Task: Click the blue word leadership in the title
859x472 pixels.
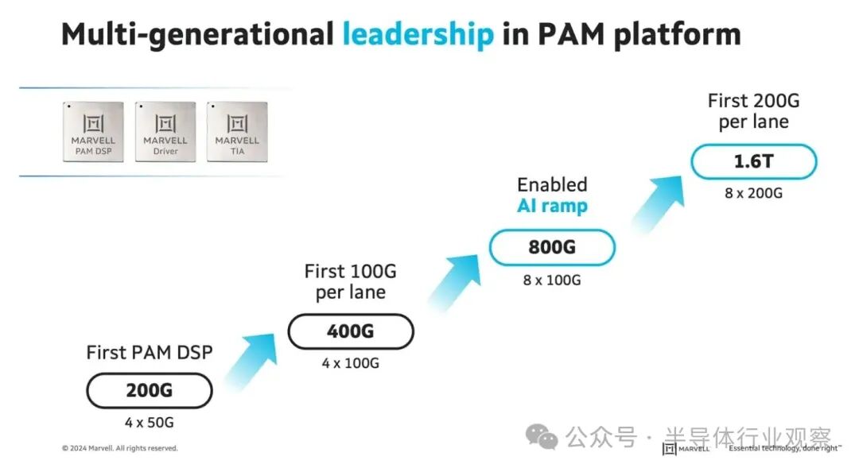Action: click(418, 34)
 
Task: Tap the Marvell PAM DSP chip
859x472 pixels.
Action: click(93, 131)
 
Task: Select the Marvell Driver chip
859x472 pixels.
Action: click(165, 131)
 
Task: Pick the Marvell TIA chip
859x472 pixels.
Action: click(237, 131)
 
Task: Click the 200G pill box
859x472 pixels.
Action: click(149, 390)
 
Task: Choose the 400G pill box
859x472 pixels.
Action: click(351, 331)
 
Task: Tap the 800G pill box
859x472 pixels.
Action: click(552, 247)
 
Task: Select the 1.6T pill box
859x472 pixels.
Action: click(754, 161)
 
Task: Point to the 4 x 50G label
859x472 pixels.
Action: click(149, 423)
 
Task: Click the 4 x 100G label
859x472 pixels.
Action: click(351, 363)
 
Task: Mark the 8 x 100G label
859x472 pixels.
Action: click(552, 280)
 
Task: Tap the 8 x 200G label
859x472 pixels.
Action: click(754, 193)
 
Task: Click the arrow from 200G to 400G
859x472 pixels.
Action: click(251, 362)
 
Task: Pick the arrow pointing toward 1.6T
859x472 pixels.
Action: click(658, 203)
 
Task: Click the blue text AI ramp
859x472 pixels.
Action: click(552, 206)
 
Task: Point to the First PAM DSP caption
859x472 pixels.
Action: click(149, 352)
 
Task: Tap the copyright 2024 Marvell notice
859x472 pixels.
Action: click(120, 448)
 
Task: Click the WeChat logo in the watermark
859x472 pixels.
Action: click(542, 437)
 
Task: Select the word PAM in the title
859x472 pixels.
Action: click(572, 34)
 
